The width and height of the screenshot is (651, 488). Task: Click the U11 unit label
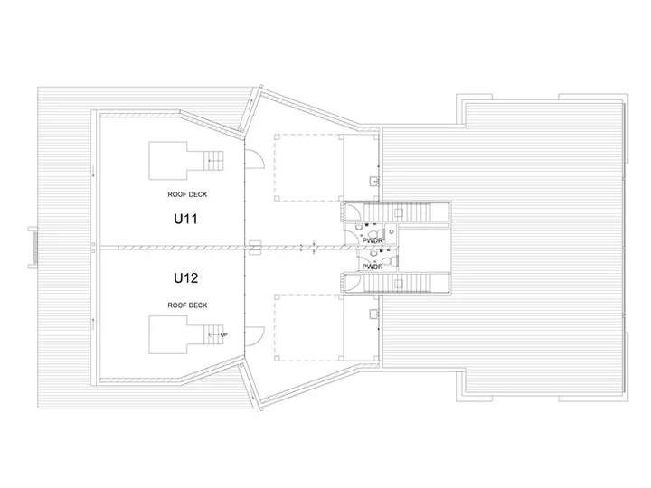(x=185, y=219)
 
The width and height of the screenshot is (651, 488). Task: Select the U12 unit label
(x=185, y=277)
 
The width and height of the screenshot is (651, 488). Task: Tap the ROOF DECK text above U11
(x=187, y=194)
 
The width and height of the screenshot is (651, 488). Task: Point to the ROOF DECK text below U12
(x=187, y=305)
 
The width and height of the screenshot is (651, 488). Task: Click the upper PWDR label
(x=372, y=240)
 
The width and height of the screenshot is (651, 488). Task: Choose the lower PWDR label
(x=372, y=267)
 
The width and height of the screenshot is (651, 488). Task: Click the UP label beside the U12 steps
(x=224, y=334)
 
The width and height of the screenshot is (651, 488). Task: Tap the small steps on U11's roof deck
(x=213, y=161)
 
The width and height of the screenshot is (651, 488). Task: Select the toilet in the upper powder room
(x=378, y=232)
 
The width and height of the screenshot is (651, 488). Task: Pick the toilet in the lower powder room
(x=387, y=261)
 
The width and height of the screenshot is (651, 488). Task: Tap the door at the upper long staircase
(x=352, y=211)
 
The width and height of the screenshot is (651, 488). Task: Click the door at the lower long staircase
(x=352, y=283)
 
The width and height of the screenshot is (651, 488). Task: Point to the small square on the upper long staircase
(x=399, y=213)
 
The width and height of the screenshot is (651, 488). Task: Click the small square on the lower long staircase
(x=399, y=284)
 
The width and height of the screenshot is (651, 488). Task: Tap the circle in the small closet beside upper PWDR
(x=392, y=231)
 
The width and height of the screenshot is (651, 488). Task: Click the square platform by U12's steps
(x=168, y=334)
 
